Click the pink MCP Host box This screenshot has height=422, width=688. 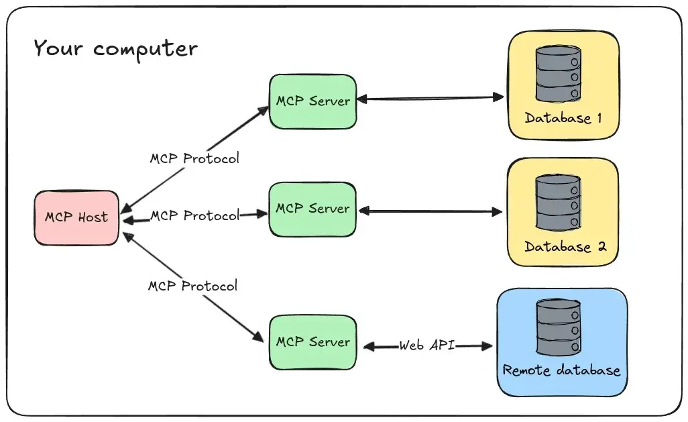click(x=76, y=217)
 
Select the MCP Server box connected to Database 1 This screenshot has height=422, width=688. click(x=312, y=101)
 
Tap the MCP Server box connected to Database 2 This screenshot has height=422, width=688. click(x=312, y=209)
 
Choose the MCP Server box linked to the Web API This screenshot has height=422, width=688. click(x=312, y=342)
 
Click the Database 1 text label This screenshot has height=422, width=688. click(x=563, y=118)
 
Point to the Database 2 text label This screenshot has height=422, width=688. click(x=565, y=246)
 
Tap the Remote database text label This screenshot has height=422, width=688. click(x=561, y=370)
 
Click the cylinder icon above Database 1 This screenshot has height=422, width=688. click(x=557, y=74)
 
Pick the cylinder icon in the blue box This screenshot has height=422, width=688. click(x=558, y=327)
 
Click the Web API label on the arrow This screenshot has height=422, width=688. click(x=427, y=346)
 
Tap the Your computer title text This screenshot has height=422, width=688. click(x=115, y=49)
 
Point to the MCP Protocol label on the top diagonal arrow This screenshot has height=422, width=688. click(x=194, y=159)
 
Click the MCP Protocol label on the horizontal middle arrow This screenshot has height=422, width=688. click(x=194, y=216)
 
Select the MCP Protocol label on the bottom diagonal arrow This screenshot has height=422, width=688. click(x=192, y=286)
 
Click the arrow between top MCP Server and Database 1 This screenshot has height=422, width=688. click(x=429, y=99)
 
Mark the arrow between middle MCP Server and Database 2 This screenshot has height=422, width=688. click(x=429, y=212)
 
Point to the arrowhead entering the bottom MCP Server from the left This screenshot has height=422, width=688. click(x=257, y=337)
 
